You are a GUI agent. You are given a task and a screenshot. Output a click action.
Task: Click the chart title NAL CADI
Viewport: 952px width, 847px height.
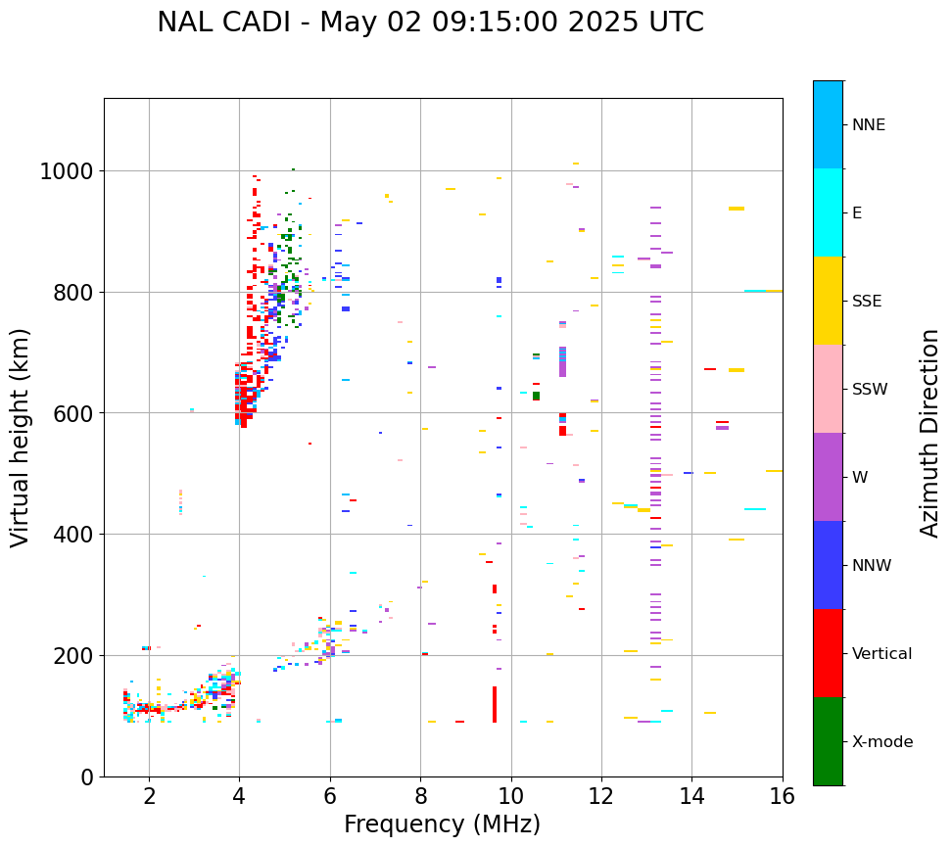(430, 23)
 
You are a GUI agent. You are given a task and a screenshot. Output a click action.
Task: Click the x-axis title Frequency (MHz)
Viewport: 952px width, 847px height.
(442, 824)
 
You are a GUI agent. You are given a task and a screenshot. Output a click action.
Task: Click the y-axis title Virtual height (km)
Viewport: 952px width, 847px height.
(22, 437)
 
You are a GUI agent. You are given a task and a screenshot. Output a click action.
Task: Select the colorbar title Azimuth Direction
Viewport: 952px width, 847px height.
(929, 433)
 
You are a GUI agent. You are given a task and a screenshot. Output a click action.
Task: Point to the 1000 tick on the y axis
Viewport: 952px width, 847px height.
(66, 171)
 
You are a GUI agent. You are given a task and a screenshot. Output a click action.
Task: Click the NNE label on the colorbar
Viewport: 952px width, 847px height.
(869, 124)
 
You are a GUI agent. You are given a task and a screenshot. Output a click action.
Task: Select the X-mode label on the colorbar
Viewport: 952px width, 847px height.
(881, 741)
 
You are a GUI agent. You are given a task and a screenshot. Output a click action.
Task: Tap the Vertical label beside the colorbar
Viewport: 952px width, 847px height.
(881, 653)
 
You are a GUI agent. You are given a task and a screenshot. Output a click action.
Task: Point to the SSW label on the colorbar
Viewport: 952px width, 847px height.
(870, 389)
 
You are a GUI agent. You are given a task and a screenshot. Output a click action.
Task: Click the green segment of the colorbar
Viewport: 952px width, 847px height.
(828, 741)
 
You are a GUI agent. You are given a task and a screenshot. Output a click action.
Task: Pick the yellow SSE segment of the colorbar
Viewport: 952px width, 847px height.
(828, 301)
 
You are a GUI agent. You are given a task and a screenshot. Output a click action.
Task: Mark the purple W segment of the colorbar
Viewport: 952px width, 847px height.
(828, 477)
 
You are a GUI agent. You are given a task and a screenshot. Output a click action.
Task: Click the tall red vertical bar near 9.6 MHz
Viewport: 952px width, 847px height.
(495, 704)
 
